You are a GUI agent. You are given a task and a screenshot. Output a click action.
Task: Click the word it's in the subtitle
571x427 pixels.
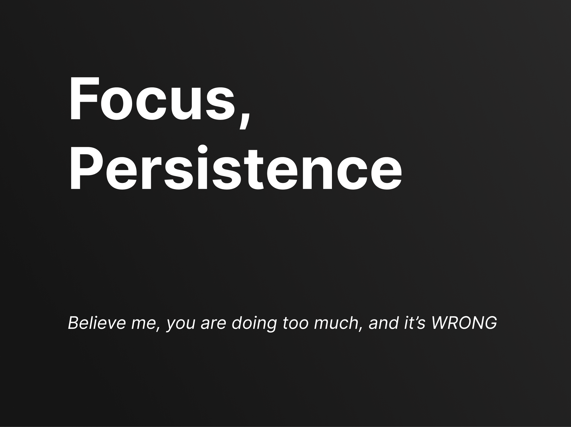[414, 323]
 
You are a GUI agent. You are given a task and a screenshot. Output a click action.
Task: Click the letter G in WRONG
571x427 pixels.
[489, 323]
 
